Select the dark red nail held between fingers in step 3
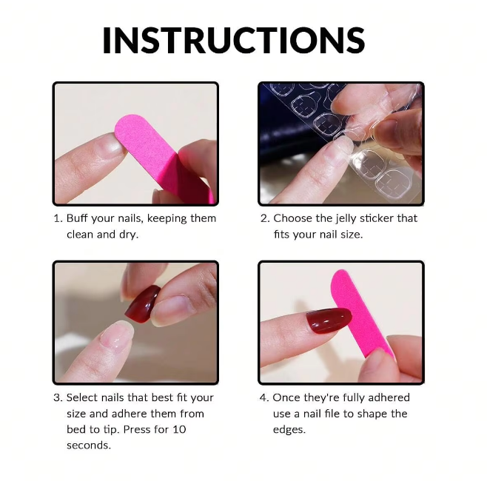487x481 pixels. [x=142, y=304]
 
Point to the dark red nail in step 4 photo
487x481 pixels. [x=327, y=320]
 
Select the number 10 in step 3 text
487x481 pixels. [x=178, y=429]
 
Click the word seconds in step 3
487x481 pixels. [x=89, y=445]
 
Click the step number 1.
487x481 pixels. [x=57, y=218]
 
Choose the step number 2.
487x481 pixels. [x=263, y=218]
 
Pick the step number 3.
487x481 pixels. [x=57, y=397]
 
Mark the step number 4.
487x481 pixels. [x=263, y=397]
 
